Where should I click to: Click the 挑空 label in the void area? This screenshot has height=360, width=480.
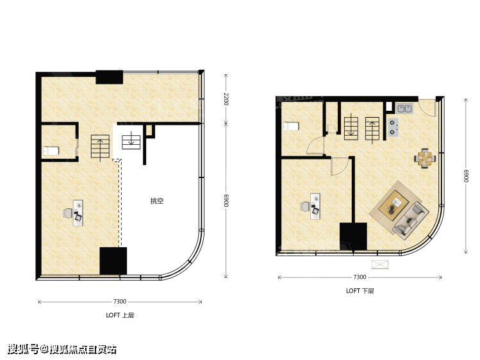tap(157, 201)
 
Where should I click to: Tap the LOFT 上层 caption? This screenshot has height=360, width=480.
tap(120, 315)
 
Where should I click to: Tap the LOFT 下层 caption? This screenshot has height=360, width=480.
tap(360, 291)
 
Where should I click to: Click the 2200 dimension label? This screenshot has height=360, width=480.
tap(226, 99)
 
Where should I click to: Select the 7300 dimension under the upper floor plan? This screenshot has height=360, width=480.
tap(120, 301)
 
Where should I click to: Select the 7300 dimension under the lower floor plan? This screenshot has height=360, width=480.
tap(360, 277)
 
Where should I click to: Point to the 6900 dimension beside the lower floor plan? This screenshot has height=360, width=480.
tap(466, 176)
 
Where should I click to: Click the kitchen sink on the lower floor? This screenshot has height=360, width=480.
tap(404, 108)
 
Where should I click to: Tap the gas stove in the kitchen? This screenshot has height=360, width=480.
tap(393, 127)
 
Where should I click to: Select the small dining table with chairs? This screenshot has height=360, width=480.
tap(425, 158)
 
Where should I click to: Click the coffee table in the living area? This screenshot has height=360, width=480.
tap(393, 205)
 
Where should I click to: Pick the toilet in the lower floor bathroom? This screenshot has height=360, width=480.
tap(291, 126)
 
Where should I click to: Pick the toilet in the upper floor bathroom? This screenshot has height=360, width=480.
tap(51, 151)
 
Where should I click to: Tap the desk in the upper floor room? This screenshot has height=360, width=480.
tap(78, 213)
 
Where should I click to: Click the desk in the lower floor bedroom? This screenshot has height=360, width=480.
tap(315, 206)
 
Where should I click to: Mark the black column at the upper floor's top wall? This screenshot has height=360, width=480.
tap(110, 77)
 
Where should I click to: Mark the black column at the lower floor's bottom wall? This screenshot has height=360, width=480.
tap(353, 236)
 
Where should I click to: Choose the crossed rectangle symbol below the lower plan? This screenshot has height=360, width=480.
tap(380, 265)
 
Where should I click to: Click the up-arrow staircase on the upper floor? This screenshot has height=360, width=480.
tap(100, 146)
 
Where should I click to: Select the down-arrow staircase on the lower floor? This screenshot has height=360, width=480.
tap(351, 128)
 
